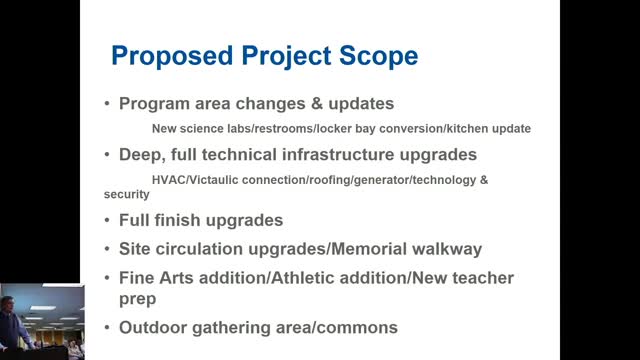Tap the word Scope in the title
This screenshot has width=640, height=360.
[377, 56]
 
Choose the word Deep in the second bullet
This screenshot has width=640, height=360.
[142, 154]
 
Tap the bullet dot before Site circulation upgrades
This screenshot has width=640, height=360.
[108, 248]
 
